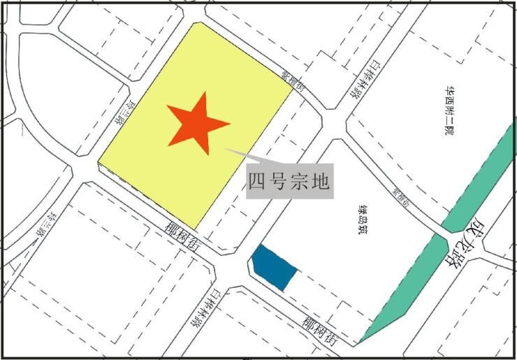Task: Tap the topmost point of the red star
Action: pos(204,92)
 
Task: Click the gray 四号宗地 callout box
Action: pos(288,182)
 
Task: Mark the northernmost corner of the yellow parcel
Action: pos(195,23)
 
